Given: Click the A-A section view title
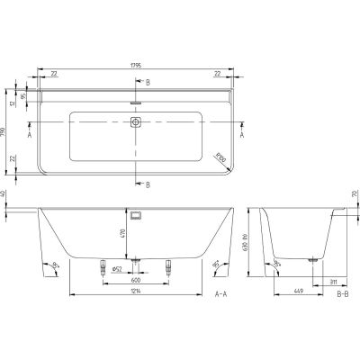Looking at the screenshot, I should (220, 293).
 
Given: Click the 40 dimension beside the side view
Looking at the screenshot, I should (4, 193).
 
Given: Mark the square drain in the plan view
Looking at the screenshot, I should (138, 125).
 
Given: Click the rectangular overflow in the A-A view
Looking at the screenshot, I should (138, 215).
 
